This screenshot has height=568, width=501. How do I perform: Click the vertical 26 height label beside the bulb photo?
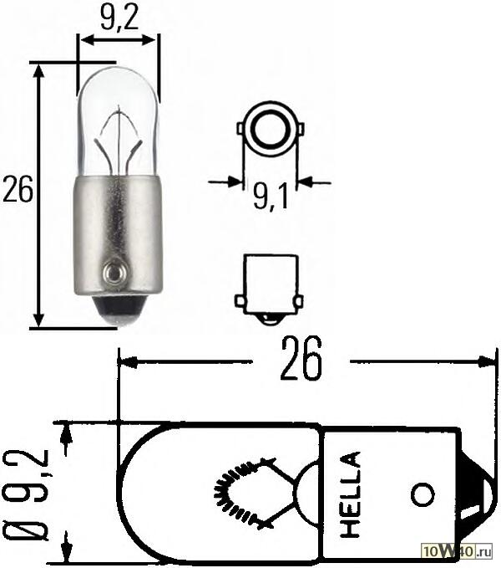pyautogui.click(x=18, y=191)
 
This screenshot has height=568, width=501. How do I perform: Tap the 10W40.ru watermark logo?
pyautogui.click(x=459, y=552)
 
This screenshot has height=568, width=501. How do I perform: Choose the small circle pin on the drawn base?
pyautogui.click(x=424, y=494)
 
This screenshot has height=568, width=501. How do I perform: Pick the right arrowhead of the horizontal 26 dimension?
pyautogui.click(x=490, y=361)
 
